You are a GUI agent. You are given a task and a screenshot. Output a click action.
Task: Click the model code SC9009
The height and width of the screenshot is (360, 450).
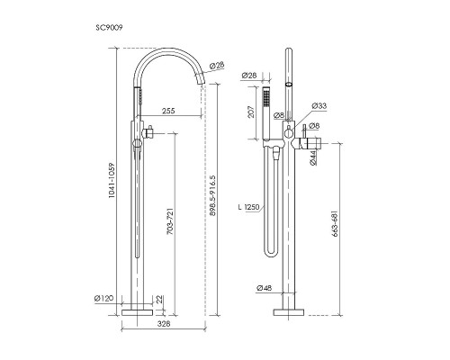click(109, 28)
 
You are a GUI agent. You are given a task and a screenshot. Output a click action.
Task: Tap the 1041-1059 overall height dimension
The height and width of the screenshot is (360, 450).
click(112, 180)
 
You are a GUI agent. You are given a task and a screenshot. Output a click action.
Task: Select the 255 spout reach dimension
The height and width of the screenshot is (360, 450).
click(168, 111)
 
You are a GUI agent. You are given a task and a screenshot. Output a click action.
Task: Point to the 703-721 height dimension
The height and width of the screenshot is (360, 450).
click(170, 221)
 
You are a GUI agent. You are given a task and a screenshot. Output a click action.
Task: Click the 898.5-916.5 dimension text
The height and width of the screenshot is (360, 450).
click(212, 195)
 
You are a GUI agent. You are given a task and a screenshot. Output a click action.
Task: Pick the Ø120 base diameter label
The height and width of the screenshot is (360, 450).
click(103, 299)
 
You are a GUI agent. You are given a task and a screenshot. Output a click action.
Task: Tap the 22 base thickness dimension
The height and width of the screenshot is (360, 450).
click(159, 299)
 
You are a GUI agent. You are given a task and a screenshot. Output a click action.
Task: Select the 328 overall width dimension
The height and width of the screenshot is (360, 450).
click(164, 324)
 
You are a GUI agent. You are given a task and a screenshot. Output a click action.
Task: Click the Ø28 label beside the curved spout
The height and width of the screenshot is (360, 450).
click(217, 65)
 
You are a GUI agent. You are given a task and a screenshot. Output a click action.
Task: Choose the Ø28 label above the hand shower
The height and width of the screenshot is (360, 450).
click(249, 76)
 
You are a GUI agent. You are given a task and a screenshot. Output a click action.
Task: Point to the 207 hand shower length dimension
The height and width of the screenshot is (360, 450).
click(251, 112)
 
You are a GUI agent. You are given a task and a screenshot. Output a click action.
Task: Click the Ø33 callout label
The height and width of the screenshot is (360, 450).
click(319, 106)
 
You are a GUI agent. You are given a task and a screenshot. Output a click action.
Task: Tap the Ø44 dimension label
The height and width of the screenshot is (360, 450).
click(312, 157)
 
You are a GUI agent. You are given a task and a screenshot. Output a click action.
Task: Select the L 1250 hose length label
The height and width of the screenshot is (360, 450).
click(248, 207)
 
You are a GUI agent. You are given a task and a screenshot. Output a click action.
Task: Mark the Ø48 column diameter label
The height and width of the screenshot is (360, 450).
click(265, 288)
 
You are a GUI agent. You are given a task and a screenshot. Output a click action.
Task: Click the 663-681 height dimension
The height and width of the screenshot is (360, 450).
click(336, 224)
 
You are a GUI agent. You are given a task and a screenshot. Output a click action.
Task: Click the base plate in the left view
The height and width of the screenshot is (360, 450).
click(138, 312)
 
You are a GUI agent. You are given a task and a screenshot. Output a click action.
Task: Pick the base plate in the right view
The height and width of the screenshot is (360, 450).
click(289, 312)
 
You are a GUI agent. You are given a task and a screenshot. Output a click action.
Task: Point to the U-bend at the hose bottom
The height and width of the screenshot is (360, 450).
click(272, 255)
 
